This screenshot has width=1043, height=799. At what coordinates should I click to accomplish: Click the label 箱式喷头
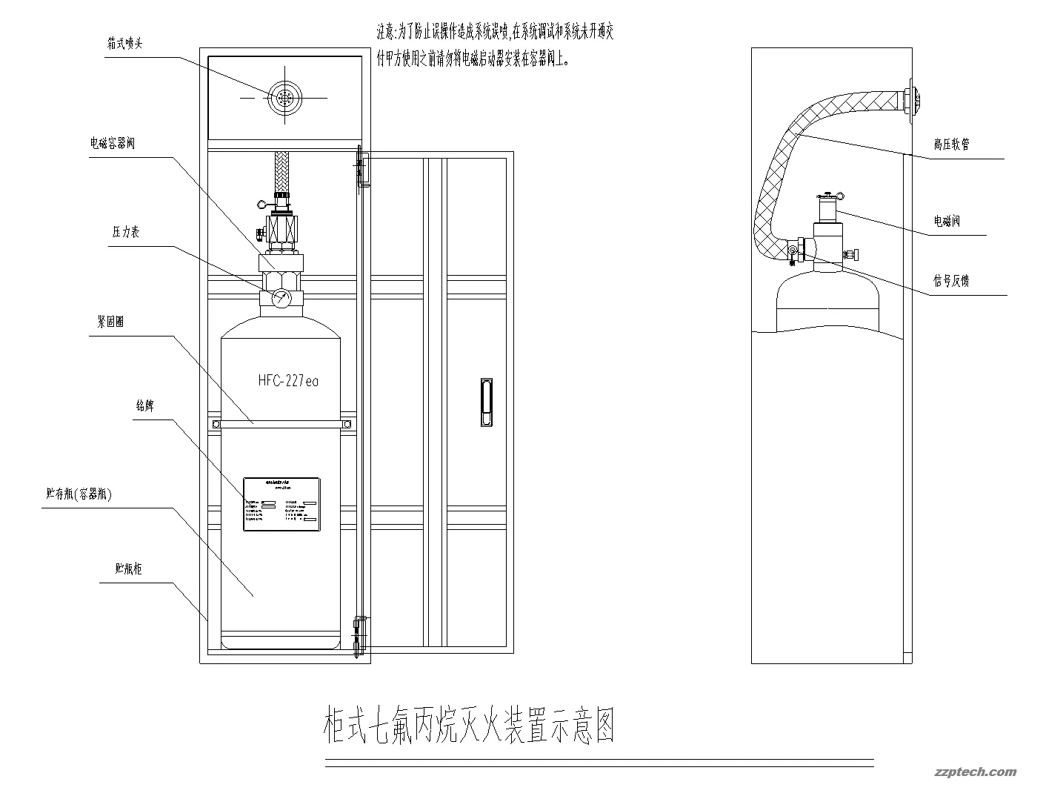[x=124, y=44]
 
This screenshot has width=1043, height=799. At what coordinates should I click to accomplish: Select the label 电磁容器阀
[x=113, y=144]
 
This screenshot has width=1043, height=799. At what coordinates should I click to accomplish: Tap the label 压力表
[x=125, y=232]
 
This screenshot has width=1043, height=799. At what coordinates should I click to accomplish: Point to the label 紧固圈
[x=110, y=322]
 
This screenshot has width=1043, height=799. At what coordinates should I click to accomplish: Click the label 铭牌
[x=144, y=406]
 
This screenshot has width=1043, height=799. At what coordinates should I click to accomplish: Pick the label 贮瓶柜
[x=128, y=569]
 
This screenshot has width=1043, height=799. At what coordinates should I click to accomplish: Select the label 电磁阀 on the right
[x=947, y=221]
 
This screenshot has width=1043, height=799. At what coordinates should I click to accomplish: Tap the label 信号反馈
[x=951, y=281]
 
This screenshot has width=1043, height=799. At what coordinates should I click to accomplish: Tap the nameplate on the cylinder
[x=282, y=505]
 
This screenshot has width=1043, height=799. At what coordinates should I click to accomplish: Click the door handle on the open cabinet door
[x=484, y=402]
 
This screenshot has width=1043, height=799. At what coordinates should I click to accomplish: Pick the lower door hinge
[x=361, y=634]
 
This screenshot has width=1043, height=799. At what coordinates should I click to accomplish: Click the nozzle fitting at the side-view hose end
[x=912, y=101]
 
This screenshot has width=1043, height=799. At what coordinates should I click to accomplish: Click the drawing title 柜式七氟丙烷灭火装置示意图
[x=469, y=726]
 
